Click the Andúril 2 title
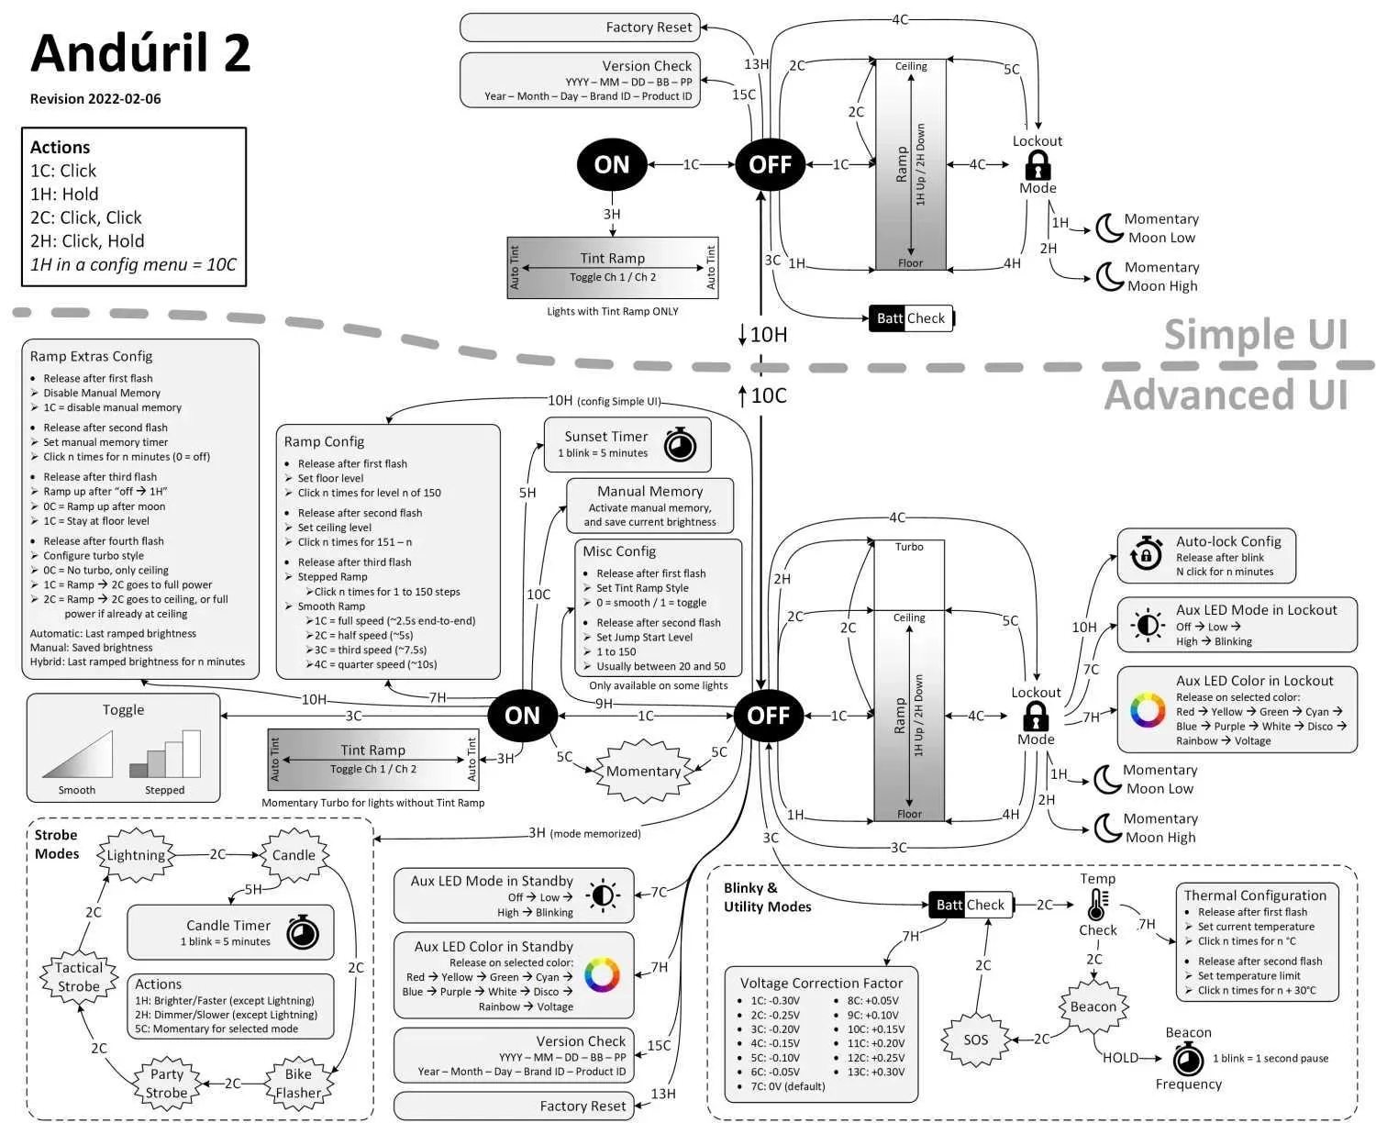click(x=140, y=53)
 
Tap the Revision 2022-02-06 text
click(x=95, y=99)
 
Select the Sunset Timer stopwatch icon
click(x=680, y=444)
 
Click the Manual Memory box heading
click(x=649, y=492)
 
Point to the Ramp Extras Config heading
click(x=91, y=357)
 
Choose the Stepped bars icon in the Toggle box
click(x=165, y=754)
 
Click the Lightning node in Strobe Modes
click(x=136, y=855)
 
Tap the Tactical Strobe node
click(x=79, y=977)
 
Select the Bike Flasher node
click(x=298, y=1084)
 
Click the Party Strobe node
click(x=167, y=1084)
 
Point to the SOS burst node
click(x=975, y=1040)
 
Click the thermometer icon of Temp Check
click(x=1096, y=905)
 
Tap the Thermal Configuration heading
click(x=1254, y=895)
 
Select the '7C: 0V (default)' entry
click(x=787, y=1086)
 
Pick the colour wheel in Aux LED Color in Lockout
click(x=1147, y=711)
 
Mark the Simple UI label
click(x=1255, y=335)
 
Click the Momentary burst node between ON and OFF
click(x=643, y=772)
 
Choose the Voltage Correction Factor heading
click(x=821, y=983)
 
